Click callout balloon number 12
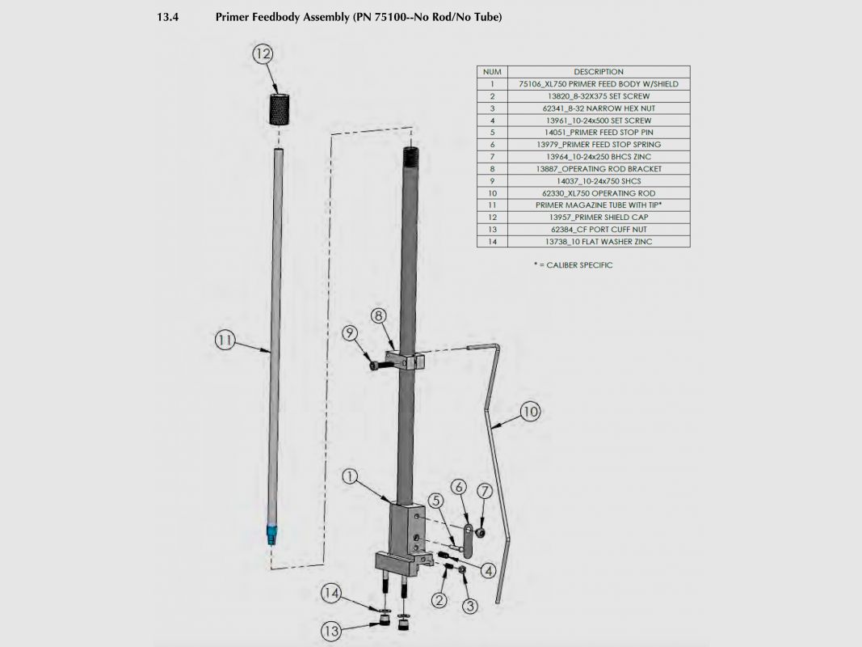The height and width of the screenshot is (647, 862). [263, 53]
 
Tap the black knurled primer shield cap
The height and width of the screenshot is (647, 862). [280, 109]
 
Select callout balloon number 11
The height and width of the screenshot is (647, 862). [225, 340]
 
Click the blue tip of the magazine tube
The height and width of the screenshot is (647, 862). [271, 535]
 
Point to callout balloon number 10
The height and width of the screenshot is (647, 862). [530, 412]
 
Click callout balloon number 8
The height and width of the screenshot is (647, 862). [378, 315]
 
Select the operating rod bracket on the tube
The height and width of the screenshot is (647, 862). [406, 360]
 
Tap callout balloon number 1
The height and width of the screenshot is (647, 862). [350, 476]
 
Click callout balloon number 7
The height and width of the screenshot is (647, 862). [485, 491]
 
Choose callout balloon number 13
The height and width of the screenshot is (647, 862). [331, 631]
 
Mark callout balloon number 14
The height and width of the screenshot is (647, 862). [331, 593]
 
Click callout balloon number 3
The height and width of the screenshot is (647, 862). [469, 606]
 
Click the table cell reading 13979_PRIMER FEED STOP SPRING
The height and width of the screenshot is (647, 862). [599, 144]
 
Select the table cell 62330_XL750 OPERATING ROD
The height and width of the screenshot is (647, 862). [599, 193]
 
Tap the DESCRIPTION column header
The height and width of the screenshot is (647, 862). [599, 71]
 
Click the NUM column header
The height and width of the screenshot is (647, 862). [492, 71]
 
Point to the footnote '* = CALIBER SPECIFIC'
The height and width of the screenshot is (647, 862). [573, 264]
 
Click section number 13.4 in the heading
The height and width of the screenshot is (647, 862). [168, 17]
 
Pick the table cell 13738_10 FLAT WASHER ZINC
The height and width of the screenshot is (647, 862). [599, 241]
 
